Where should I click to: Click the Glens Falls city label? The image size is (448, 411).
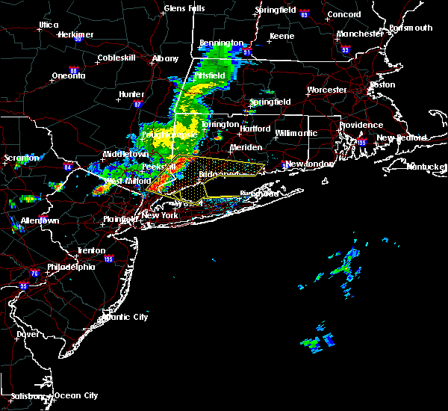point(184,9)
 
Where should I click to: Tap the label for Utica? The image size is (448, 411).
point(49,25)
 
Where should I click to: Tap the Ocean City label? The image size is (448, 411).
point(76,395)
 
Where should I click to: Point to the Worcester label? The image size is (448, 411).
point(327,90)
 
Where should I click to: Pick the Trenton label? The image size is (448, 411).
point(91,250)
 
